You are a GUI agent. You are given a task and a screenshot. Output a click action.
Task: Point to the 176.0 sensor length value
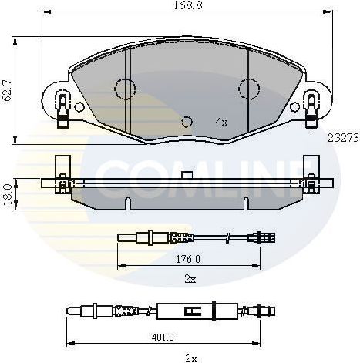point(187,259)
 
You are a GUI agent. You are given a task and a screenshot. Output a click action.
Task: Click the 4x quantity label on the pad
point(221,121)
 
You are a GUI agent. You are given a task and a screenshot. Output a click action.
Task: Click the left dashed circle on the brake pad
point(123,89)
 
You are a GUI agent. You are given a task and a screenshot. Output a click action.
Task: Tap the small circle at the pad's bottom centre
point(186,121)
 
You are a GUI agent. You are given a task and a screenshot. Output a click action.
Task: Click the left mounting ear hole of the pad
point(62,99)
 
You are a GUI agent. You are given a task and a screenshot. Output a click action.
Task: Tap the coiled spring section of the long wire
point(125,312)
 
